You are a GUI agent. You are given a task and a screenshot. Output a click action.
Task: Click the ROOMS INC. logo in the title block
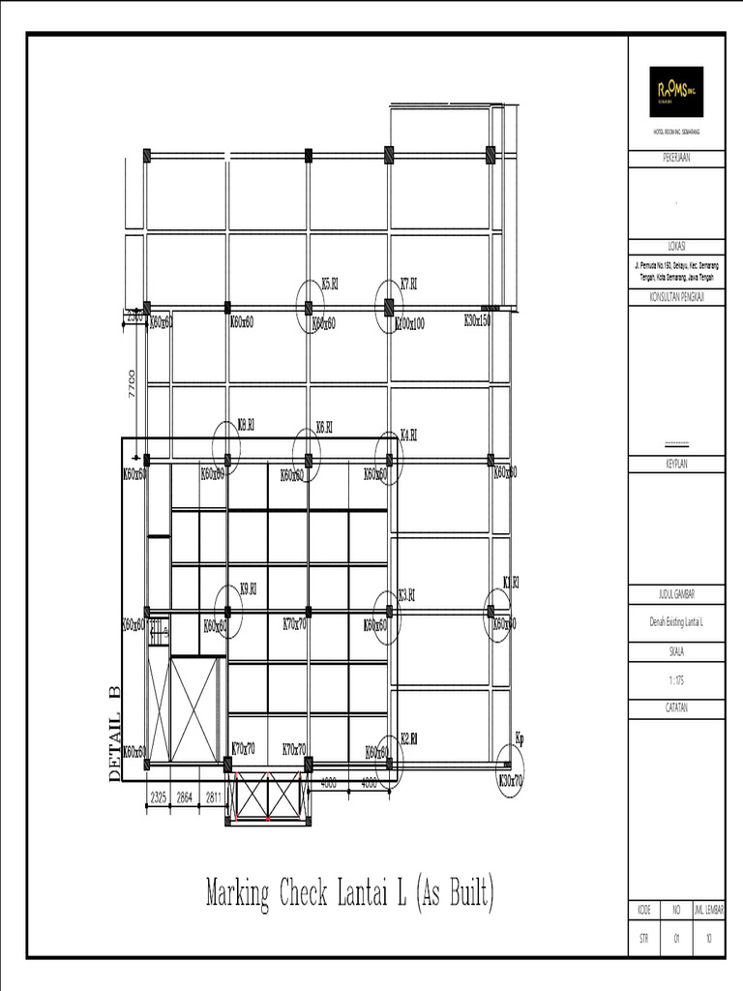click(x=675, y=92)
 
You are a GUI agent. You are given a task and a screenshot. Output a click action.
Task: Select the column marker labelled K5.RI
click(x=330, y=284)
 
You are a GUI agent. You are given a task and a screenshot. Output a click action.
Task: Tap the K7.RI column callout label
click(x=408, y=284)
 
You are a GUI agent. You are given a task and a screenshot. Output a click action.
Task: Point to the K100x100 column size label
click(x=409, y=324)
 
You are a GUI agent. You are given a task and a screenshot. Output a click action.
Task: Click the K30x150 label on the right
click(x=478, y=320)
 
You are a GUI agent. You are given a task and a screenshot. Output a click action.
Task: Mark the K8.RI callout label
click(x=247, y=424)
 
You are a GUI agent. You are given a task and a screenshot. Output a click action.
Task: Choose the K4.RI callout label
click(x=408, y=435)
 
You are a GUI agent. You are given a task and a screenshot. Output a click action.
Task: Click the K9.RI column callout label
click(x=248, y=587)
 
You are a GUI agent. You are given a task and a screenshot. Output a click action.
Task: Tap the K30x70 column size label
click(x=511, y=779)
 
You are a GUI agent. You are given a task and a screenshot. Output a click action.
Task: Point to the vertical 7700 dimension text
click(x=132, y=384)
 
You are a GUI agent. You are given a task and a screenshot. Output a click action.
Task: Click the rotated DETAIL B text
click(x=114, y=733)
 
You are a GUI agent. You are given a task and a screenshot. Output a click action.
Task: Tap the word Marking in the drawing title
click(x=238, y=892)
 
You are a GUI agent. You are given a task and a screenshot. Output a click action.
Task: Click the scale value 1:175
click(x=676, y=680)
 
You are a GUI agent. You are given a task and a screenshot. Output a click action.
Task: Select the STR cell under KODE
click(x=643, y=938)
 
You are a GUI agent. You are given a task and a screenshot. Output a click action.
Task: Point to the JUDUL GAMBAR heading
click(x=676, y=593)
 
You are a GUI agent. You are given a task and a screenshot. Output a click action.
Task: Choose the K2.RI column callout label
click(x=408, y=737)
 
